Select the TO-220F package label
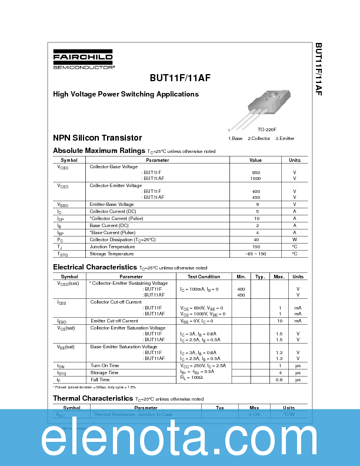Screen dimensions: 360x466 click(266, 129)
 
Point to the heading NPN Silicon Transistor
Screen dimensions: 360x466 click(97, 138)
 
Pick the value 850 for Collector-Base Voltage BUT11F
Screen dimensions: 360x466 click(255, 172)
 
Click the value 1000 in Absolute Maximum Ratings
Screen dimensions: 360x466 click(255, 178)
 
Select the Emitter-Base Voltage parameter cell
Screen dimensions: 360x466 click(111, 204)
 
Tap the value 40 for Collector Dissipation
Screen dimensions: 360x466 click(256, 239)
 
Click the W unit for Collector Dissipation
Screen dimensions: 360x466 click(294, 239)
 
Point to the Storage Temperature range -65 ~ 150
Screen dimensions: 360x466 click(256, 254)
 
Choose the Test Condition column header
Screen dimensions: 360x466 click(204, 277)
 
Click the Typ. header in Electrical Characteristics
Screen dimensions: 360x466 click(260, 277)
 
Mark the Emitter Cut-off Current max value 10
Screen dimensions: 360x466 click(279, 321)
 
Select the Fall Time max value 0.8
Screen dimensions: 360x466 click(279, 380)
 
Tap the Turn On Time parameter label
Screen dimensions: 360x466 click(105, 365)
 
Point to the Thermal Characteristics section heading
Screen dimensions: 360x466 click(93, 398)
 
